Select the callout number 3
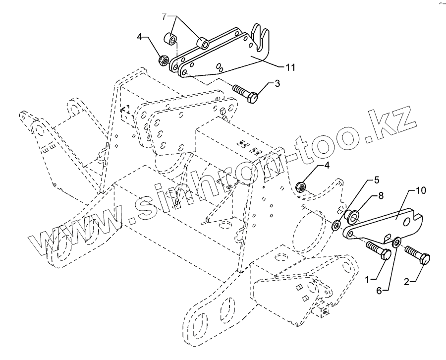pos(278,83)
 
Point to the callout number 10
pos(421,190)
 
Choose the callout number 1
pos(368,280)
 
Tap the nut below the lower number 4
pos(300,187)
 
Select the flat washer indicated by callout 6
pos(396,243)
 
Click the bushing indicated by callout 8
pos(351,216)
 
